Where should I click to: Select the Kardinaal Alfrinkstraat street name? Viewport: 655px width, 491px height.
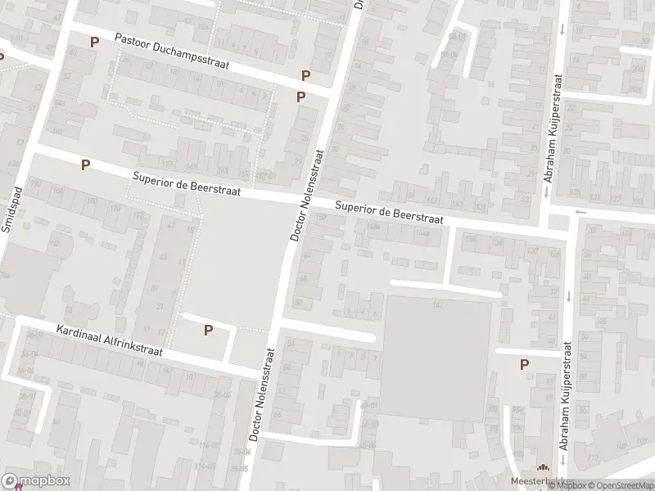[110, 342]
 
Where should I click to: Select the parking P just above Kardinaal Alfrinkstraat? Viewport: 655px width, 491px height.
[208, 330]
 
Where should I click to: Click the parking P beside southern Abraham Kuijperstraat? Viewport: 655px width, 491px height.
[524, 365]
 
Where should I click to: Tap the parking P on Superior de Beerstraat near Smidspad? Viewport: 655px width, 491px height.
[85, 164]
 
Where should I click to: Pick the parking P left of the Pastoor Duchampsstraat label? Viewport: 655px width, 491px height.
[95, 42]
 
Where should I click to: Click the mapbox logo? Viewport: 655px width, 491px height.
[36, 481]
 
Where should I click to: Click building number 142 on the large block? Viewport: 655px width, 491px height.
[438, 304]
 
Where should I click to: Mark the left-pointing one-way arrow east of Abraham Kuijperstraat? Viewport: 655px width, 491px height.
[581, 212]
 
